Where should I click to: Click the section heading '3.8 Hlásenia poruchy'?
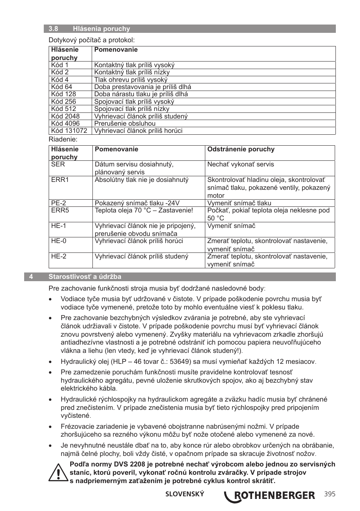coord(89,29)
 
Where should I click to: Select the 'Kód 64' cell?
coord(62,87)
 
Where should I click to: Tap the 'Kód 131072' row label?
coord(69,131)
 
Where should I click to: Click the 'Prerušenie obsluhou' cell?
coord(125,123)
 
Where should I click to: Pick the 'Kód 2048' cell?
coord(65,116)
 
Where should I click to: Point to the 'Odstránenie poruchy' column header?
coord(241,149)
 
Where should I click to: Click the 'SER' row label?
coord(58,164)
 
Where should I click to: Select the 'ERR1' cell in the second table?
coord(60,180)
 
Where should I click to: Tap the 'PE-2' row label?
coord(58,203)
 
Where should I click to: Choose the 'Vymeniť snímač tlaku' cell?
coord(239,203)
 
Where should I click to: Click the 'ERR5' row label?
coord(60,210)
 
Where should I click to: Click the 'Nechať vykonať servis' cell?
coord(240,164)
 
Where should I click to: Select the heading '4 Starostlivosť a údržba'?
coord(85,277)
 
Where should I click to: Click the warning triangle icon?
coord(58,473)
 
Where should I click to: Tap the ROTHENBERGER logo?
coord(269,495)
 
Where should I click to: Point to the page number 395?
coord(329,494)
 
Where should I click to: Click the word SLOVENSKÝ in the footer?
coord(185,494)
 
